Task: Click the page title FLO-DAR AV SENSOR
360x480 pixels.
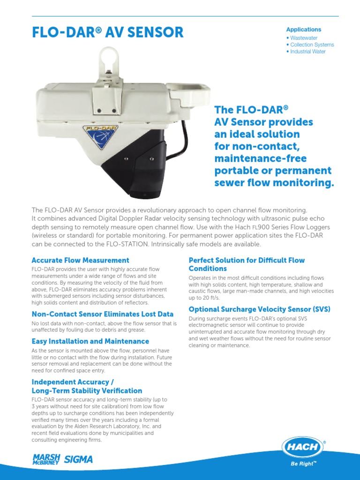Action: pyautogui.click(x=107, y=32)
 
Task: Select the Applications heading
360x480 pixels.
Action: pyautogui.click(x=303, y=30)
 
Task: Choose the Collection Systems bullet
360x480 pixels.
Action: pyautogui.click(x=312, y=45)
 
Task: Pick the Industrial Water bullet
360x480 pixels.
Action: pyautogui.click(x=307, y=52)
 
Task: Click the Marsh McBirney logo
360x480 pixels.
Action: pyautogui.click(x=45, y=459)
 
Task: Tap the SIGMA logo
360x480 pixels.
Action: pyautogui.click(x=78, y=460)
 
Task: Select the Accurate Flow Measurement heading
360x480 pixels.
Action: pyautogui.click(x=80, y=260)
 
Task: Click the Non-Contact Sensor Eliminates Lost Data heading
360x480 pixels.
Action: pyautogui.click(x=102, y=314)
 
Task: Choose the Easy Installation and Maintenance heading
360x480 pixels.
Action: pyautogui.click(x=90, y=341)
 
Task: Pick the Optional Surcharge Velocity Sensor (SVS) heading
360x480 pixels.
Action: pyautogui.click(x=259, y=309)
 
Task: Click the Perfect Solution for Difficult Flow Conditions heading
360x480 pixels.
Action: pyautogui.click(x=247, y=264)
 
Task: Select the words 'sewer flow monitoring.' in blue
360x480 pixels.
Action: pyautogui.click(x=274, y=183)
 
